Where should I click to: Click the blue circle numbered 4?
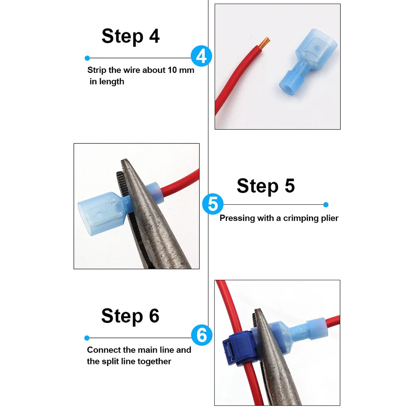[201, 56]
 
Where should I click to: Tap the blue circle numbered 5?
[213, 204]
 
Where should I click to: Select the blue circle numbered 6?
[201, 335]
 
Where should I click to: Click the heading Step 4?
[131, 36]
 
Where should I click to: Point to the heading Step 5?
[266, 186]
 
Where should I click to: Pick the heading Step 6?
[130, 316]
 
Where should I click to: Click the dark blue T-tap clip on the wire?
[238, 347]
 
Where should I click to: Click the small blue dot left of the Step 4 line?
[87, 58]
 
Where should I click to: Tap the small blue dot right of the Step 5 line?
[326, 204]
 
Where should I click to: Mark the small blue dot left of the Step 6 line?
[87, 338]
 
